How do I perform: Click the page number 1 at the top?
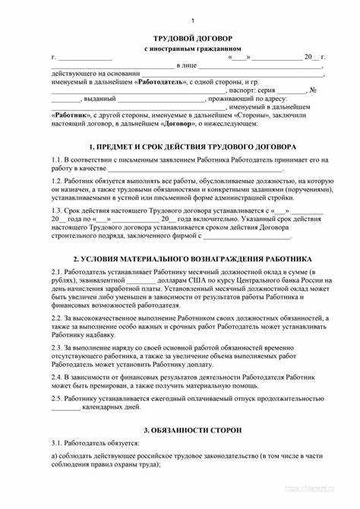pos(192,19)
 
